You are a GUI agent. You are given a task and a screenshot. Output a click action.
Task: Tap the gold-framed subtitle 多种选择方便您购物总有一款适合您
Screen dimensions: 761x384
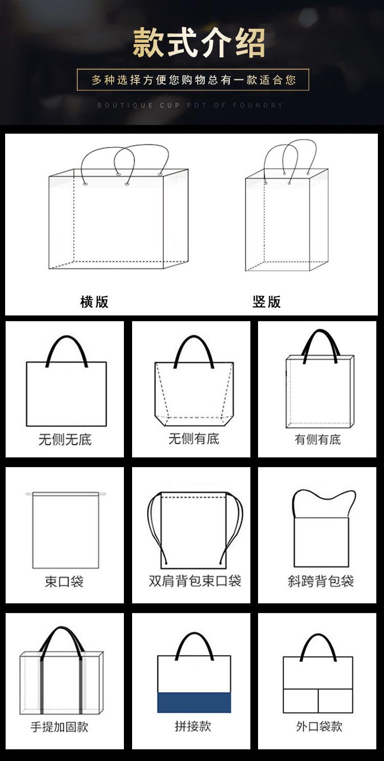193,80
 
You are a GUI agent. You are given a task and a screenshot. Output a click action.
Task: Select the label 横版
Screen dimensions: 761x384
94,302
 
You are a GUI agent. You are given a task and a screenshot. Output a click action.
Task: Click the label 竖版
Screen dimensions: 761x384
267,302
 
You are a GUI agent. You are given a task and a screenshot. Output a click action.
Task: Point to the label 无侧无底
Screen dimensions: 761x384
65,439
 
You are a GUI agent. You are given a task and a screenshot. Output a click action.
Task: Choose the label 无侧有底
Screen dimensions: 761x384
194,439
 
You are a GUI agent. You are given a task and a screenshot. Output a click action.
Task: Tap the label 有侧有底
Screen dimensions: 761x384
317,439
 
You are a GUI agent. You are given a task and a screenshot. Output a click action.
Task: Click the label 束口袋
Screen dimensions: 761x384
64,582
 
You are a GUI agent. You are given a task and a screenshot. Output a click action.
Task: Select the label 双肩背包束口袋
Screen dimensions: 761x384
195,581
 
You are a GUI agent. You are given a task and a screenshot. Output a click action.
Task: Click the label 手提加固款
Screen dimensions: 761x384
59,727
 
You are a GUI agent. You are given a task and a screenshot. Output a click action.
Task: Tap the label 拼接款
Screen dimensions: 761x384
193,726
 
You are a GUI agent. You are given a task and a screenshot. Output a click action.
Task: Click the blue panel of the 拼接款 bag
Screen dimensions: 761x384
194,702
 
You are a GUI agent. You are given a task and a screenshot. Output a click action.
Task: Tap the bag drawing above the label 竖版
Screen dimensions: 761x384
285,215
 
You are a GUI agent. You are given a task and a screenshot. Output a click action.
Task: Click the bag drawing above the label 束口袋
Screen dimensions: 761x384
65,530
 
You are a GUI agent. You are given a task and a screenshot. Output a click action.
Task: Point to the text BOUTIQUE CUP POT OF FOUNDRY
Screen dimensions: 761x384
190,105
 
